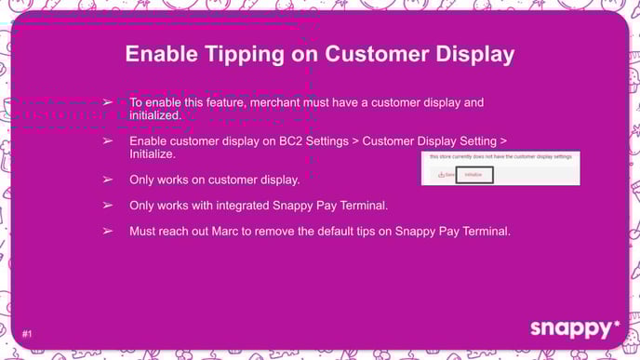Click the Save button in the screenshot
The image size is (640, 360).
click(445, 174)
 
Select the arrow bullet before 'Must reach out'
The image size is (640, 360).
click(108, 230)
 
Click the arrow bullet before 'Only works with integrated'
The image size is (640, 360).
click(108, 204)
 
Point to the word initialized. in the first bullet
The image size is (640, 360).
click(154, 115)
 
